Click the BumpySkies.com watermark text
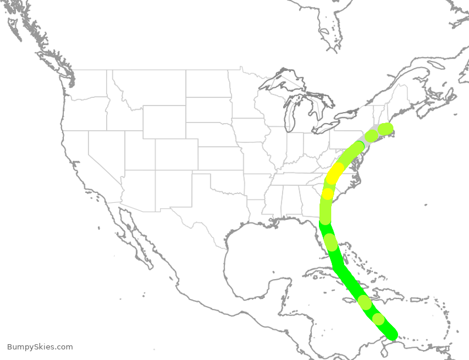(x=40, y=347)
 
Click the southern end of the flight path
(x=391, y=332)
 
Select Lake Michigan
(x=288, y=117)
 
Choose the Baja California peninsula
(x=132, y=235)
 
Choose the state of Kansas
(x=220, y=158)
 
